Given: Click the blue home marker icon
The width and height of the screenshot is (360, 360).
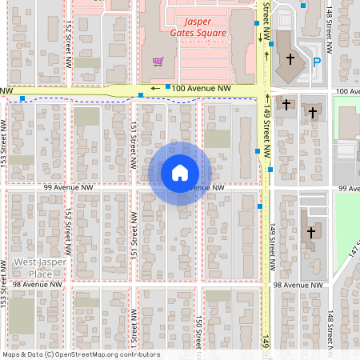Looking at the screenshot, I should [179, 173].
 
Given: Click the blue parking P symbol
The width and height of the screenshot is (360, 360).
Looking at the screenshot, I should [317, 62].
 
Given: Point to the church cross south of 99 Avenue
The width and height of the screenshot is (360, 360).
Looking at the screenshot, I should [311, 232].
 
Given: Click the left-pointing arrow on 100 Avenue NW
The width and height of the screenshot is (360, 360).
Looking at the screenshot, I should [157, 88].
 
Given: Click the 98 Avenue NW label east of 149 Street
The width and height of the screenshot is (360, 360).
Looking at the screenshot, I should [298, 284].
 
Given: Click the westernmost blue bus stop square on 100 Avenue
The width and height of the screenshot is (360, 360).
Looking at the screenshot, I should [24, 98].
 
